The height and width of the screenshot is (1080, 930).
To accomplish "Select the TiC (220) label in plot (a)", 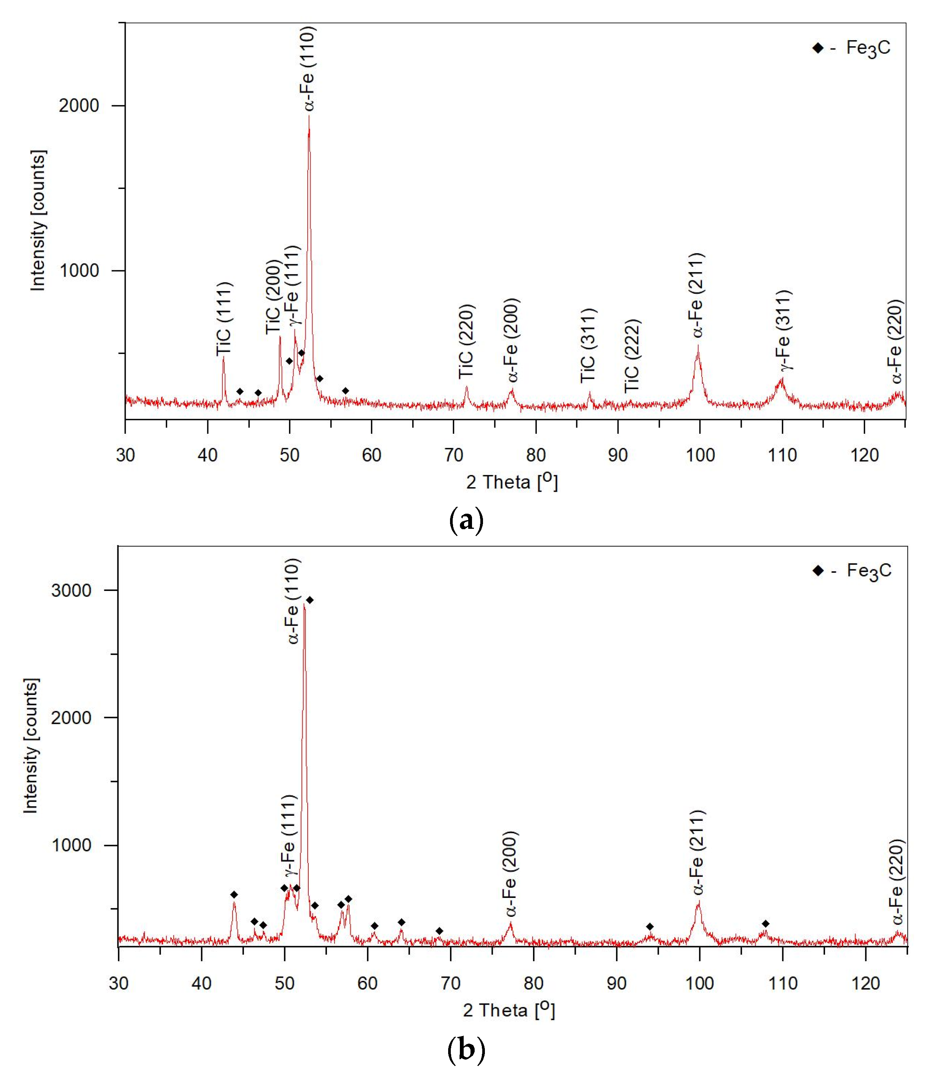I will (x=466, y=341).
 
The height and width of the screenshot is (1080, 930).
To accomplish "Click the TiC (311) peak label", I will (x=588, y=346).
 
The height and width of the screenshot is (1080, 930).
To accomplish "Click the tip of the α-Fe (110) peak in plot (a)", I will (x=309, y=116).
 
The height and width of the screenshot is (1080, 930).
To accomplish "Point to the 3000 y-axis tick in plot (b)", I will (x=71, y=591).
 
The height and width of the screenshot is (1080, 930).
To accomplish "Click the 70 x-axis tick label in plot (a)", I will (x=454, y=455).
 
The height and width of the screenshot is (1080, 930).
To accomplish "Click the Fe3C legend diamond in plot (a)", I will (x=818, y=48).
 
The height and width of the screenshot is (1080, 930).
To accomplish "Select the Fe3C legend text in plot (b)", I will (x=869, y=571).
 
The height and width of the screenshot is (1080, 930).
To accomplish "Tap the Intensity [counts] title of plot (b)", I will (x=31, y=745).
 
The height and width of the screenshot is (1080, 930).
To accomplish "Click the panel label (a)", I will (x=466, y=520).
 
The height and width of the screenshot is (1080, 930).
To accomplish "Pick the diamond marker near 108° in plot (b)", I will (x=766, y=924).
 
